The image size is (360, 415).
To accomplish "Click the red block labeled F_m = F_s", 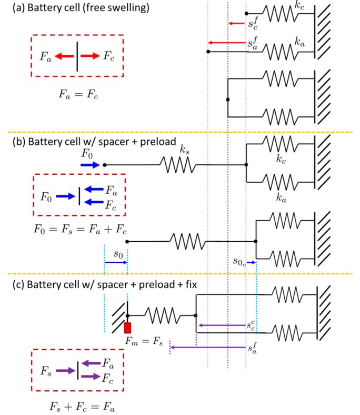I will (127, 327).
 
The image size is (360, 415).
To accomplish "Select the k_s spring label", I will (184, 151).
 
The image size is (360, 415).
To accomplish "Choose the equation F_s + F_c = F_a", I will (78, 406).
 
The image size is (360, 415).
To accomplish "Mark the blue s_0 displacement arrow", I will (116, 262).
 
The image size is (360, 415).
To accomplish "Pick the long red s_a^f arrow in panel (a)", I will (227, 42).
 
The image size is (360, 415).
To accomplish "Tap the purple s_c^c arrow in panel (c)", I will (221, 325).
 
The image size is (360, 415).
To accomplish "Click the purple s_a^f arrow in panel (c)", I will (208, 348).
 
